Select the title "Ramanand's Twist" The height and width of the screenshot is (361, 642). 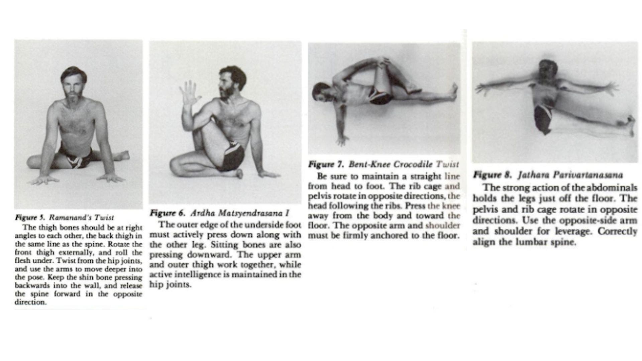[x=81, y=218]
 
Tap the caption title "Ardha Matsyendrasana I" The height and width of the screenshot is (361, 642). [x=240, y=213]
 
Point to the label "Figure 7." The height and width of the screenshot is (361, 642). [x=326, y=164]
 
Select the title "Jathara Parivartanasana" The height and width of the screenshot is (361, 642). [x=570, y=175]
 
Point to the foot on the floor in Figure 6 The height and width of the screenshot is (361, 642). [x=238, y=173]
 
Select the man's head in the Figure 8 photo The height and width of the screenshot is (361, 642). [x=548, y=71]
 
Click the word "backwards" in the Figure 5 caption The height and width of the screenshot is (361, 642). [x=31, y=286]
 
